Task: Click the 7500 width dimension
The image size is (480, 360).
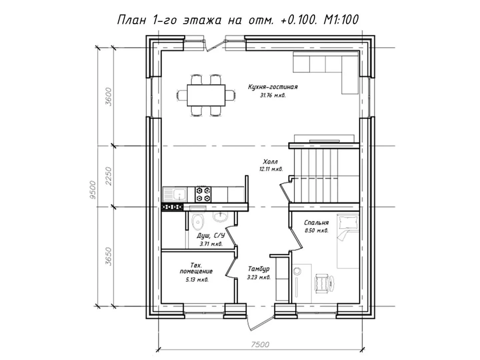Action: pos(260,344)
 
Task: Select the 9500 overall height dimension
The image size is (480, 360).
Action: pos(93,190)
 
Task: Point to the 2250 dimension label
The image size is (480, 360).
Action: pos(108,176)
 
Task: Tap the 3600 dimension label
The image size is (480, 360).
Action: pos(108,97)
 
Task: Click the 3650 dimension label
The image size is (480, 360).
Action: pos(108,256)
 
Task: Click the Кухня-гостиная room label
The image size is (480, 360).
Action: pos(273,87)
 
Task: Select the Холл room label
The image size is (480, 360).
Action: pos(270,162)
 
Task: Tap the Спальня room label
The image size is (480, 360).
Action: pos(316,223)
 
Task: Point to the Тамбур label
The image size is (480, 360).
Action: pos(258,269)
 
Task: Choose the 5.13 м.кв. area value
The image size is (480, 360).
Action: pos(197,280)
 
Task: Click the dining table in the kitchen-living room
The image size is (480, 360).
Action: pos(206,95)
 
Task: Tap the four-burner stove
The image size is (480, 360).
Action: pos(203,194)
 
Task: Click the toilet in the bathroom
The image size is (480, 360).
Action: pos(198,222)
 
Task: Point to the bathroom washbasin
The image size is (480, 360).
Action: pos(221,217)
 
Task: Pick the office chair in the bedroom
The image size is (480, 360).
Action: pos(324,283)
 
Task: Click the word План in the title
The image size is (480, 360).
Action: pos(132,20)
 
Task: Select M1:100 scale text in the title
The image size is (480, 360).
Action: pos(341,20)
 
